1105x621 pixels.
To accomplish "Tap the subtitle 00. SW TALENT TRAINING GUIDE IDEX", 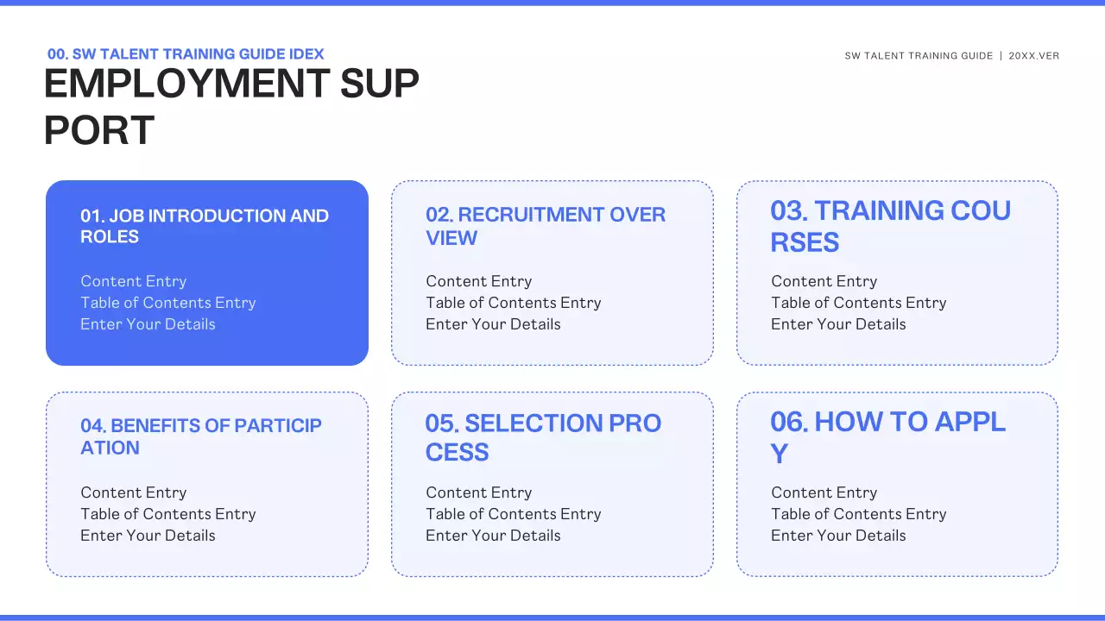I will tap(186, 54).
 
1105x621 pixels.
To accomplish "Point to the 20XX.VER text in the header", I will tap(1033, 56).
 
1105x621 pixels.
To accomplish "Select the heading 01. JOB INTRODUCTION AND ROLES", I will tap(205, 226).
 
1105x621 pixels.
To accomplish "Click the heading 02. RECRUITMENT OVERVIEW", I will tap(546, 226).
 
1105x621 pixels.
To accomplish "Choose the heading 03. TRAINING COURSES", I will tap(890, 226).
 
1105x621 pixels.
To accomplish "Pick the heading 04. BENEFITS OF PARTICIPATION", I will tap(201, 436).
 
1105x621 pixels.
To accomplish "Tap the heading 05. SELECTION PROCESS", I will tap(543, 436).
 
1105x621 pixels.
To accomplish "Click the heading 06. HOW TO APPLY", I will tap(887, 436).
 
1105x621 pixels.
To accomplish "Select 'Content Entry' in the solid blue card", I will tap(134, 281).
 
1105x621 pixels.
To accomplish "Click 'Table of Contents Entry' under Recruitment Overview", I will tap(514, 303).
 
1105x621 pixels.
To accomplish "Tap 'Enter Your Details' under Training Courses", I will tap(838, 324).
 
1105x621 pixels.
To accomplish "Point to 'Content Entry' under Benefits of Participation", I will tap(134, 492).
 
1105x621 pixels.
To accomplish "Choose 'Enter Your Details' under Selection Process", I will tap(493, 536).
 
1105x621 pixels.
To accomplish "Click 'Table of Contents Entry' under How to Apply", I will tap(859, 514).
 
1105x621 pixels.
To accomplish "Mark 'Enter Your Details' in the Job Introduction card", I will tap(148, 324).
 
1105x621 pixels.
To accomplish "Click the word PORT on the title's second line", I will tap(99, 130).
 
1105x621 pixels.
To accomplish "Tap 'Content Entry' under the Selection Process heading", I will tap(479, 492).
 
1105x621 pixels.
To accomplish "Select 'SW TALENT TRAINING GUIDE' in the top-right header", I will tap(919, 56).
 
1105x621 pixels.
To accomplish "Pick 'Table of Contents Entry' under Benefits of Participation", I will tap(168, 514).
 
